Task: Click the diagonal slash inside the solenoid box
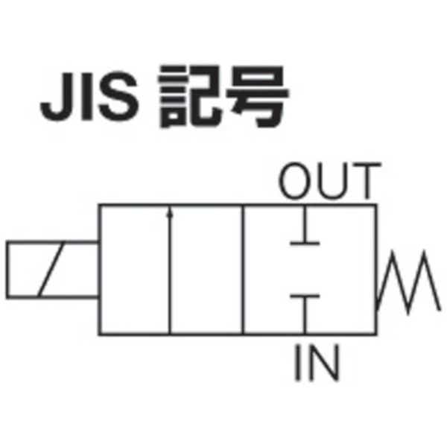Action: coord(51,269)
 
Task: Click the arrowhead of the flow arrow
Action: coord(171,213)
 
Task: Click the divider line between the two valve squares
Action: coord(243,269)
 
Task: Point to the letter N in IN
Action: coord(326,364)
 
